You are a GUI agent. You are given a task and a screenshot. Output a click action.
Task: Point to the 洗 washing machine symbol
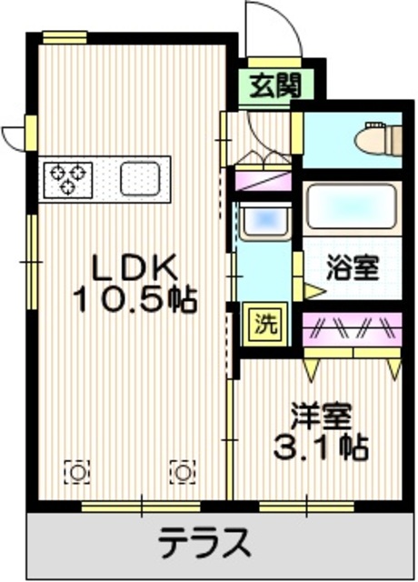click(260, 321)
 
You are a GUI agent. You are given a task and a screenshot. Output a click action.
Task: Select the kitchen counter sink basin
click(139, 176)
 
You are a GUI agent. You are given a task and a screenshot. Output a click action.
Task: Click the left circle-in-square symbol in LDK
click(78, 471)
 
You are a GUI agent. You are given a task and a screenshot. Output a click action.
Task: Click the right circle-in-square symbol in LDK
click(182, 471)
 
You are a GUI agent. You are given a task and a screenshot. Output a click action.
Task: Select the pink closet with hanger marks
click(351, 326)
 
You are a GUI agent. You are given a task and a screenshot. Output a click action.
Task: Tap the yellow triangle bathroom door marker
click(313, 292)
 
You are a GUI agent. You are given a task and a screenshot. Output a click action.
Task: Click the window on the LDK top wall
click(65, 37)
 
